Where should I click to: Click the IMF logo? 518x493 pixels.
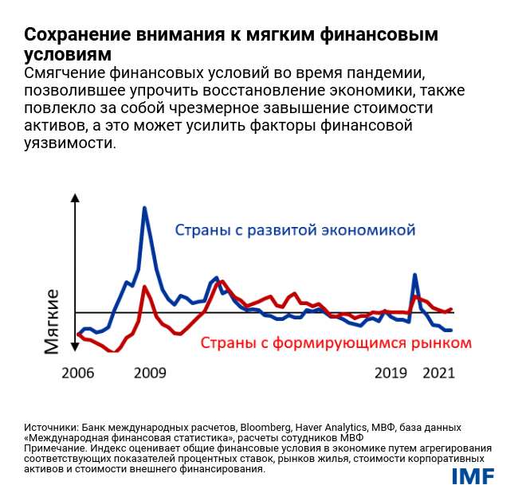pyautogui.click(x=473, y=475)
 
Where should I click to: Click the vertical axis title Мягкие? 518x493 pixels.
pyautogui.click(x=53, y=322)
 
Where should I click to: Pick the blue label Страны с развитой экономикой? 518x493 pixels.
pyautogui.click(x=295, y=231)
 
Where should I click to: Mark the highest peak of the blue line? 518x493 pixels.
pyautogui.click(x=143, y=208)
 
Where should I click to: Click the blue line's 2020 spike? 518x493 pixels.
pyautogui.click(x=415, y=275)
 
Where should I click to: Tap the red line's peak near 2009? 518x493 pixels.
pyautogui.click(x=144, y=287)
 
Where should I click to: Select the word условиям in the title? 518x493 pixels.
pyautogui.click(x=67, y=54)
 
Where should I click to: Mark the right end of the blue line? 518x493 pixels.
pyautogui.click(x=451, y=330)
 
